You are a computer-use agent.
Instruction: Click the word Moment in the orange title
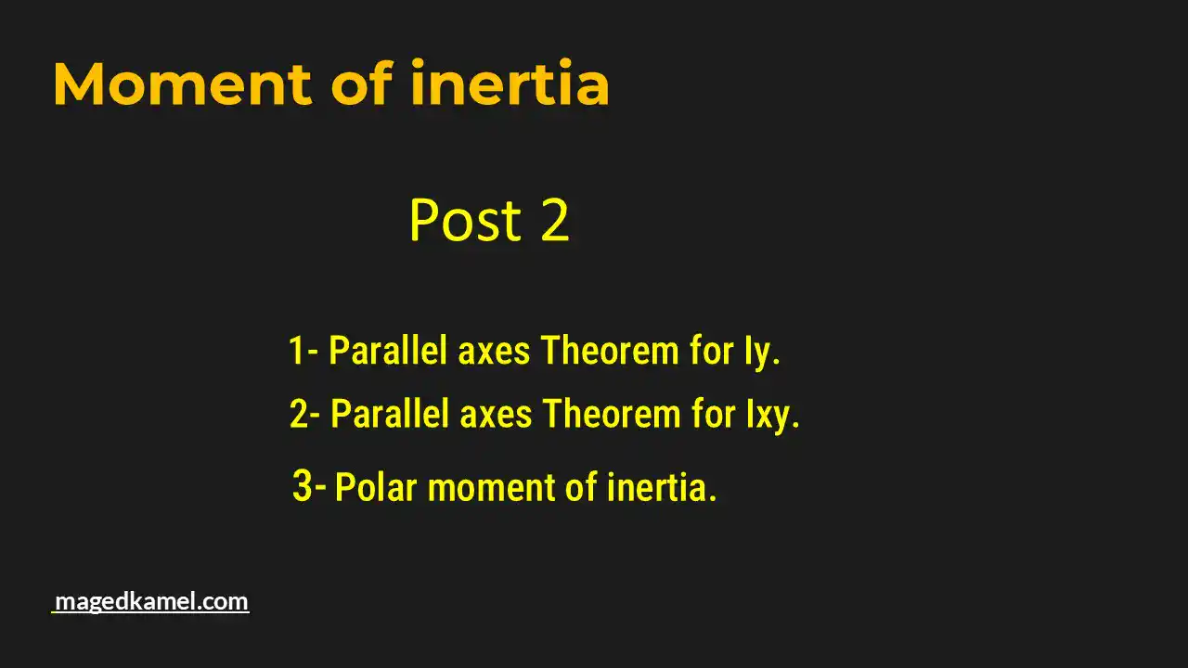(182, 83)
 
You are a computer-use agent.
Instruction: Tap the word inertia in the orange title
(510, 83)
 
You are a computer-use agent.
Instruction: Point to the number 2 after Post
(554, 221)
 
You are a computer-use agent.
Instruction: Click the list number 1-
(303, 352)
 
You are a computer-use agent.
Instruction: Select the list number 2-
(305, 414)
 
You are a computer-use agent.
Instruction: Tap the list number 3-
(309, 485)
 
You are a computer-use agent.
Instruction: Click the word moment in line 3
(493, 488)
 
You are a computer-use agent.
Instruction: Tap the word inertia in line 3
(661, 487)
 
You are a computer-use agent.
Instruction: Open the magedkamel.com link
(151, 601)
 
